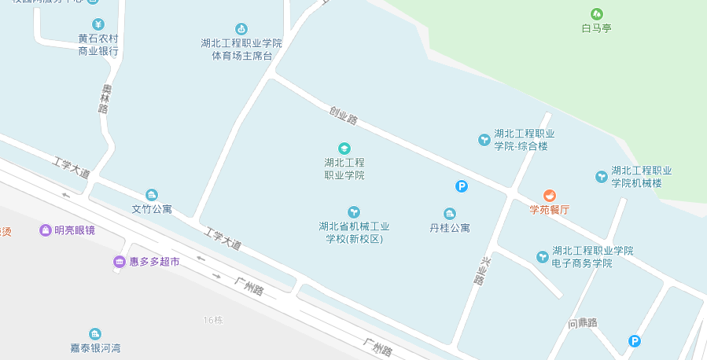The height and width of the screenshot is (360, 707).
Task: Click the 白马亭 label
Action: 596,28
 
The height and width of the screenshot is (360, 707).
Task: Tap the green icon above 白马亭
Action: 596,13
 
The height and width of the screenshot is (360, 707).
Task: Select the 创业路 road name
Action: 344,116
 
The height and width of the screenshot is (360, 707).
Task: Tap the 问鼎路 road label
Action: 583,323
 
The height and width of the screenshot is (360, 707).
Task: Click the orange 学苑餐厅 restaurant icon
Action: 549,195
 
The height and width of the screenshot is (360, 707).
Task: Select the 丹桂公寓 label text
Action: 450,228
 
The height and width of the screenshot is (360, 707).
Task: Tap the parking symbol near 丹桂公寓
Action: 462,186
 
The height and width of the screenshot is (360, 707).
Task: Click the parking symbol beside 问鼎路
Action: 634,340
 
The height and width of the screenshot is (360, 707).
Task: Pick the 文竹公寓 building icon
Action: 152,195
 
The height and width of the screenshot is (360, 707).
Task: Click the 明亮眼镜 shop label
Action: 74,230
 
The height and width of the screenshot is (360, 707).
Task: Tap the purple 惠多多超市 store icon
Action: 119,261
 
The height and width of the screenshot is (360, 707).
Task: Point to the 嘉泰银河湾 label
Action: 95,347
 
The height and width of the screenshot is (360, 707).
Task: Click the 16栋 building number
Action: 213,319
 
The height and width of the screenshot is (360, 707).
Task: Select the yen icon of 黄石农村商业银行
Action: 98,24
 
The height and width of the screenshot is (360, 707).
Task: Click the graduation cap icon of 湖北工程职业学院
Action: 344,148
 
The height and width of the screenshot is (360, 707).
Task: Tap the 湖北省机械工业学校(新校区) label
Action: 354,232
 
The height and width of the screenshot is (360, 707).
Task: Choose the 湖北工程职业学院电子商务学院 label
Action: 592,256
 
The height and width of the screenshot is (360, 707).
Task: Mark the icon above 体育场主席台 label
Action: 241,29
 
